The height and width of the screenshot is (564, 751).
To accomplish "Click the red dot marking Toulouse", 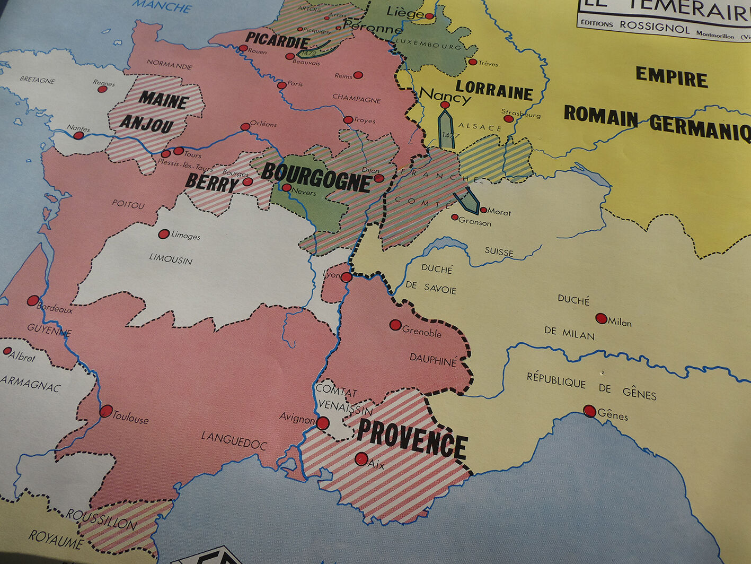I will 106,411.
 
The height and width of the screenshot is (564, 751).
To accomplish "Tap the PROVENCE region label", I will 412,438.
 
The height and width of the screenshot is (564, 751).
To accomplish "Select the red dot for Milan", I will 601,318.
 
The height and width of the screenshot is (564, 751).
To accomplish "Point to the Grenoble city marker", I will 395,325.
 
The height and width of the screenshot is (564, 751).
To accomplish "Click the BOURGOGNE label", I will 316,178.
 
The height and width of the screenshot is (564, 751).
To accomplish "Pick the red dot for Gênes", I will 589,411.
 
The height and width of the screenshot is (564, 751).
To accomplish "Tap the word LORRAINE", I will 494,90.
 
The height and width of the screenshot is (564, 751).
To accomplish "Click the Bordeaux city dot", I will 33,301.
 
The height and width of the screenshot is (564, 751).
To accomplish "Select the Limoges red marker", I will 164,234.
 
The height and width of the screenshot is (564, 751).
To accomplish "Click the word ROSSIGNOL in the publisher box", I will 655,27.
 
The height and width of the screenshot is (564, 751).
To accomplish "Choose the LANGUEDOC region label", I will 233,440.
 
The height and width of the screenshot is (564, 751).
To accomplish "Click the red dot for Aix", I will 361,458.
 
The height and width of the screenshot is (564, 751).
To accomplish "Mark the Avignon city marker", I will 323,423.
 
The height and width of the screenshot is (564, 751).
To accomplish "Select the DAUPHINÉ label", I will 432,360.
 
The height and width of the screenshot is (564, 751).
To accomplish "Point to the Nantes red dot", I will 78,135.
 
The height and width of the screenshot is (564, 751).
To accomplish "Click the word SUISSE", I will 499,251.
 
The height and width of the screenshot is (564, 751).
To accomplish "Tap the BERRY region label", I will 211,184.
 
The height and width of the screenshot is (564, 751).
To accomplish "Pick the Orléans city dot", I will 245,127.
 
